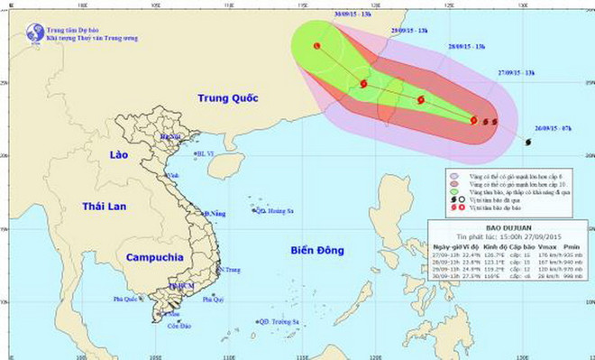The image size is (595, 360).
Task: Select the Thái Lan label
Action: (x=101, y=206)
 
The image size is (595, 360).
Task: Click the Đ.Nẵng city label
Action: (x=214, y=213)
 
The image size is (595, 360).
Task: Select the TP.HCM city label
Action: (x=181, y=286)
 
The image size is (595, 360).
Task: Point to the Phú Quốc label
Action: (x=129, y=297)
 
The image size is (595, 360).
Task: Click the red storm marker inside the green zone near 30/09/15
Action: (x=317, y=46)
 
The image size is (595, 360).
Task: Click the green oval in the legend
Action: (x=456, y=191)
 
